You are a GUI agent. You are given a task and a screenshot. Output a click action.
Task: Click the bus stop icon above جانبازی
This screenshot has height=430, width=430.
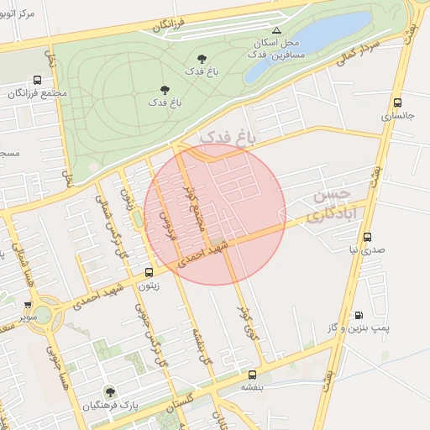(x=397, y=102)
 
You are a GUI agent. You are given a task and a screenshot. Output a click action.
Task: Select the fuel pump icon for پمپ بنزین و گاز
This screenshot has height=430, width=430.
(x=359, y=315)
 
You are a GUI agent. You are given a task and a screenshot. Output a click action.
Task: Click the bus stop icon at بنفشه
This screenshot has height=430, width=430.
(x=252, y=375)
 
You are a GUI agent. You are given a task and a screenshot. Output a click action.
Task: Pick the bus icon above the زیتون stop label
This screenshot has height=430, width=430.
(x=149, y=272)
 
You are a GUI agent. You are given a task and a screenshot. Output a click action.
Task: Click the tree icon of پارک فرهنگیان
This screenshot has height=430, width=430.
(x=108, y=391)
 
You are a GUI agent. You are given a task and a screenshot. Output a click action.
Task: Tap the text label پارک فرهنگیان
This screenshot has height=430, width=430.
(x=108, y=407)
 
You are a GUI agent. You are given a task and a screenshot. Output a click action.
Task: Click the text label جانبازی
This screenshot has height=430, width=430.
(x=398, y=117)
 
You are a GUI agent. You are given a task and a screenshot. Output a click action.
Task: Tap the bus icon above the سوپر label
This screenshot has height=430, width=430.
(x=28, y=305)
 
